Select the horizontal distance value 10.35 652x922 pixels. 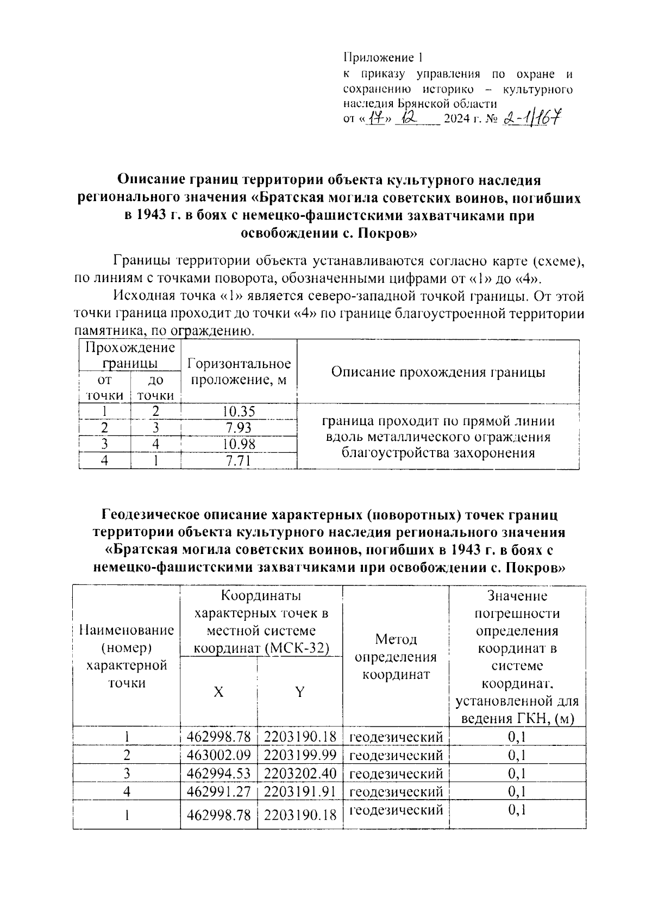coord(239,412)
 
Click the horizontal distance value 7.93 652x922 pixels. coord(239,428)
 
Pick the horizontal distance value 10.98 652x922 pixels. coord(239,444)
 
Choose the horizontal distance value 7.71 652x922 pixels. coord(239,461)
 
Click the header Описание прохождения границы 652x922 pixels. coord(438,372)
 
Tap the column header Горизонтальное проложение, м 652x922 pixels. coord(239,372)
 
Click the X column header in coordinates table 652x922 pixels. coord(218,691)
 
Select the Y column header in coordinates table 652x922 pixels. coord(299,691)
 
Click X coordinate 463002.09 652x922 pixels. coord(218,755)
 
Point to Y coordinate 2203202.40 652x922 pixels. coord(300,773)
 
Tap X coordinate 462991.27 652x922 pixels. coord(218,791)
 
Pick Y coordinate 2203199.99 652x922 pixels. coord(300,755)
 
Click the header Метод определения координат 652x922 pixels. coord(396,657)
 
